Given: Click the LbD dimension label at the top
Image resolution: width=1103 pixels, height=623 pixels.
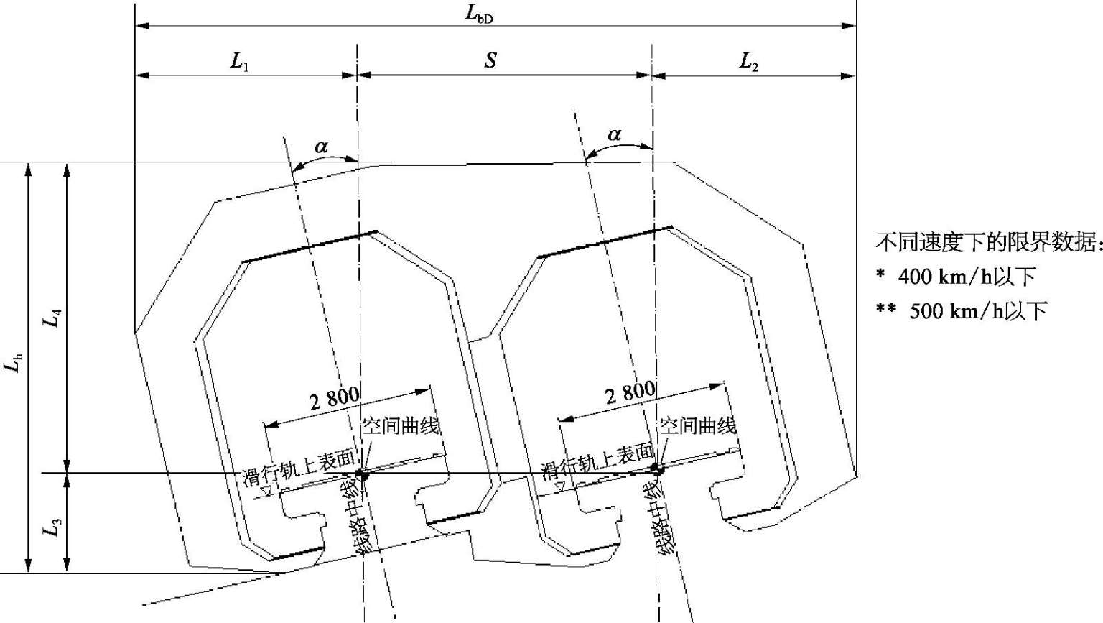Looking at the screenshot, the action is point(479,14).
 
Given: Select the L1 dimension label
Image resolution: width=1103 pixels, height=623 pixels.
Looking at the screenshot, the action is point(239,62).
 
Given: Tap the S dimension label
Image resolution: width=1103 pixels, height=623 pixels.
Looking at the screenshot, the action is point(490,60).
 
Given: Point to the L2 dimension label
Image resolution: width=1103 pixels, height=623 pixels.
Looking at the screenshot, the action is point(748,62).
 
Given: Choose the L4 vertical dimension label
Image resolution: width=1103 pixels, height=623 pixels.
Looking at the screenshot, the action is point(52,318).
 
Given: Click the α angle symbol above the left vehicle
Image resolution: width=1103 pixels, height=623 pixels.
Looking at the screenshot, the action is point(321,147).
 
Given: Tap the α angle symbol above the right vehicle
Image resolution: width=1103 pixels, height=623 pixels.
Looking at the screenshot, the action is point(614,134).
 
